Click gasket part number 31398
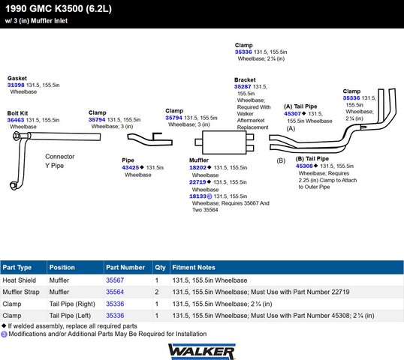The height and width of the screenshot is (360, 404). click(16, 85)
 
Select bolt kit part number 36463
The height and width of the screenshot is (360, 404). click(16, 120)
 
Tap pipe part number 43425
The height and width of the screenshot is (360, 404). click(131, 167)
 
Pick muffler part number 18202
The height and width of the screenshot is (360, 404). click(197, 167)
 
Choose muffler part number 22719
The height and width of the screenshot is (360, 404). click(197, 182)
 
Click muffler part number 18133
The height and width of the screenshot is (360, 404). click(197, 196)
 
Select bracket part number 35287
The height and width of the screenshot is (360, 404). click(243, 87)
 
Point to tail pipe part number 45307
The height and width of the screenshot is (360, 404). click(292, 114)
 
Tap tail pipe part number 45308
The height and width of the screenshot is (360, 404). click(304, 166)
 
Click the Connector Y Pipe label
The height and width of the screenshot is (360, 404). click(60, 161)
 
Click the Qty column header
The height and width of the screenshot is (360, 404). click(160, 267)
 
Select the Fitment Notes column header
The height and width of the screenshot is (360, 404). click(194, 267)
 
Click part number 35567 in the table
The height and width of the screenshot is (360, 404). click(115, 280)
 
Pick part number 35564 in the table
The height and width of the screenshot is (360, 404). click(115, 292)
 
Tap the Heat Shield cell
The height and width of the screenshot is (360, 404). click(20, 280)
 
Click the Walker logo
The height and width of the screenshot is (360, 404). click(202, 352)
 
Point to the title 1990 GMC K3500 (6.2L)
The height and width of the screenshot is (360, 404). click(59, 9)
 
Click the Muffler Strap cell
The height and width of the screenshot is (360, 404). click(21, 292)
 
